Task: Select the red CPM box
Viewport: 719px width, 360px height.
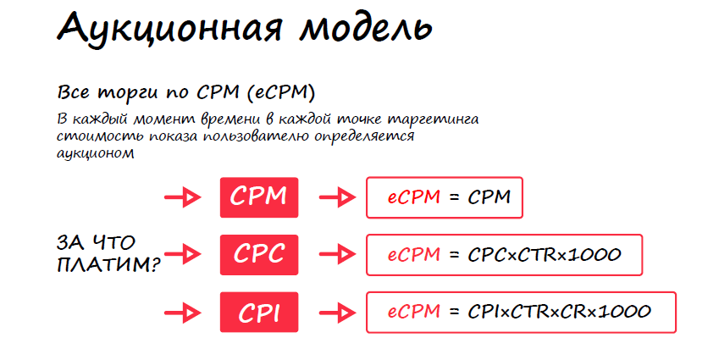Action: point(259,197)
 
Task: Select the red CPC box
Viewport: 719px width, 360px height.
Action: point(259,254)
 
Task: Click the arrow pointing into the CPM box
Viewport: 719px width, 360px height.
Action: point(182,198)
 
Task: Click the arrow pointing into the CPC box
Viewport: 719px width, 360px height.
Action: point(182,252)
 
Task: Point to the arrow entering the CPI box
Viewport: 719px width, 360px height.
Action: point(182,313)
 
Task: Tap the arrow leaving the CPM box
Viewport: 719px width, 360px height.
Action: point(336,198)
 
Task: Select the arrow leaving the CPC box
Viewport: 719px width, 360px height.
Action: point(336,253)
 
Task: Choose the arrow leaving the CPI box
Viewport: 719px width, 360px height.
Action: point(336,313)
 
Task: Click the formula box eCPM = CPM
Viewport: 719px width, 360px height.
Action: point(445,198)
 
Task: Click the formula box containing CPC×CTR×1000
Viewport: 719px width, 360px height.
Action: point(504,254)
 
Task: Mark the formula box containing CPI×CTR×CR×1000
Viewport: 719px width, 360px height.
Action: point(521,313)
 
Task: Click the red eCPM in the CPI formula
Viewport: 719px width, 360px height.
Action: point(414,313)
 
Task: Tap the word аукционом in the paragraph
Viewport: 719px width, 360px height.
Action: point(95,153)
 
